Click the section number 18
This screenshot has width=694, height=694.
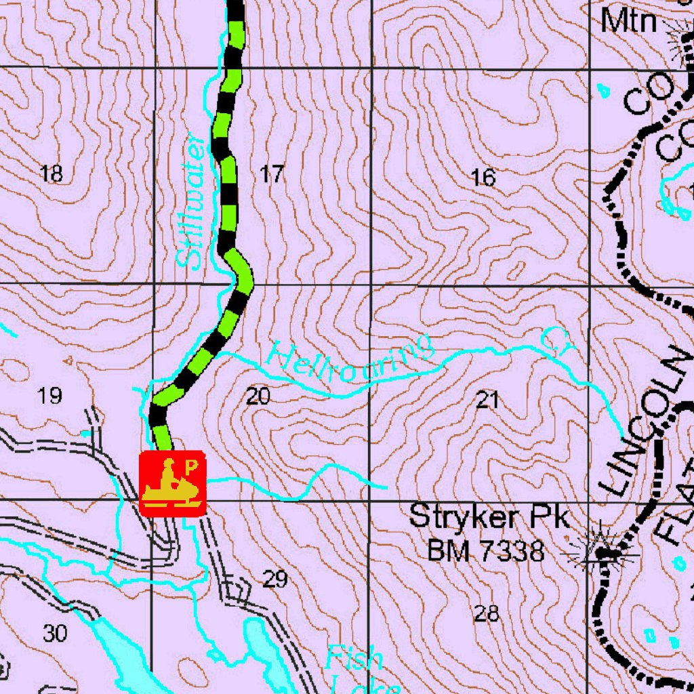point(52,173)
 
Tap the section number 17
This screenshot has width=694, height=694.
point(272,175)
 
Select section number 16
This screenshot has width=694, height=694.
point(483,178)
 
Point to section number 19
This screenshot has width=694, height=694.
point(49,395)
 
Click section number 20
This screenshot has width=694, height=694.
point(258,396)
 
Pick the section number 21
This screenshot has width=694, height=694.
point(487,400)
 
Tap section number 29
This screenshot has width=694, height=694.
point(274,579)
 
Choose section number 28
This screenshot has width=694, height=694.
point(487,614)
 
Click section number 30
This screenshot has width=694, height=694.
point(55,634)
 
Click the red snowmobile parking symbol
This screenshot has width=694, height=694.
point(172,483)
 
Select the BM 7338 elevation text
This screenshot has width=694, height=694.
point(485,551)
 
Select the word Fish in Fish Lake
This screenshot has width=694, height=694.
point(353,657)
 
